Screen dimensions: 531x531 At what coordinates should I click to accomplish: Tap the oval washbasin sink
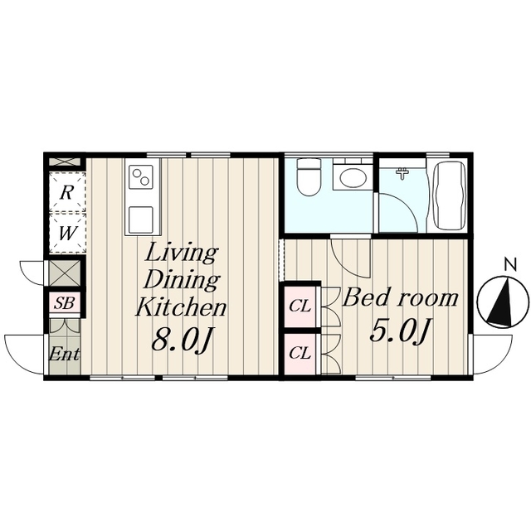click(353, 178)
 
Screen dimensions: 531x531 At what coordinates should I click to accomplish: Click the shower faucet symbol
click(402, 174)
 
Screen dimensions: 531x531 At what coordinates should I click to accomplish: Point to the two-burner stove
click(141, 177)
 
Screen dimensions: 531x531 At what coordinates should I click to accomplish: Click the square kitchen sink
click(141, 219)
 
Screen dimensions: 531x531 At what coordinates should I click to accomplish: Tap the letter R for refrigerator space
click(66, 193)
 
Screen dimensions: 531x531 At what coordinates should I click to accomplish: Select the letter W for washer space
click(66, 233)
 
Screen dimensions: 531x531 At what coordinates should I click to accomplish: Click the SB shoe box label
click(64, 302)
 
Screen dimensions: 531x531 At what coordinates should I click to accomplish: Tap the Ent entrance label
click(64, 355)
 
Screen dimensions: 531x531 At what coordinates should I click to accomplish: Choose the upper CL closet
click(300, 307)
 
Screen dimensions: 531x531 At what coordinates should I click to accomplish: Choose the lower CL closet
click(300, 354)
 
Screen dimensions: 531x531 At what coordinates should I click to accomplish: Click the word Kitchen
click(181, 307)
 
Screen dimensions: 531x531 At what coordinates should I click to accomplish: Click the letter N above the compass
click(510, 265)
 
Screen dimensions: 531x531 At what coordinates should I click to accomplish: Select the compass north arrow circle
click(503, 302)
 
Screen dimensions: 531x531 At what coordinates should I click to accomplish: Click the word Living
click(182, 253)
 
